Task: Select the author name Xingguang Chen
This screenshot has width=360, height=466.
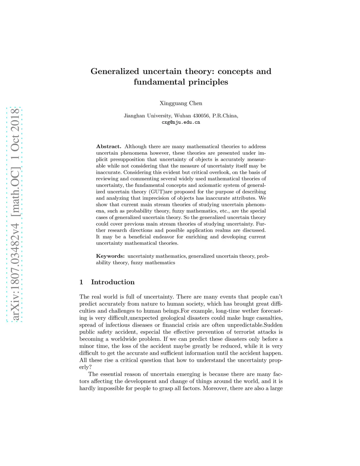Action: (x=181, y=103)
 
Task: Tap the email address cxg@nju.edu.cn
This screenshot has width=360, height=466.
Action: (x=181, y=122)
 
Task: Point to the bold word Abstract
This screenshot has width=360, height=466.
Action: (x=109, y=147)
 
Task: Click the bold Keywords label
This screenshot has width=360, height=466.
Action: (x=110, y=256)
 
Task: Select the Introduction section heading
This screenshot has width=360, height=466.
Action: (x=112, y=282)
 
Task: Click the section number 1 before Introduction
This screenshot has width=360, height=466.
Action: (x=81, y=282)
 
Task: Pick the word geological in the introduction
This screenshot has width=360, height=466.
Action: (x=173, y=318)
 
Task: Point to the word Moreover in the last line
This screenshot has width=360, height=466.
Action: (x=215, y=388)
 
